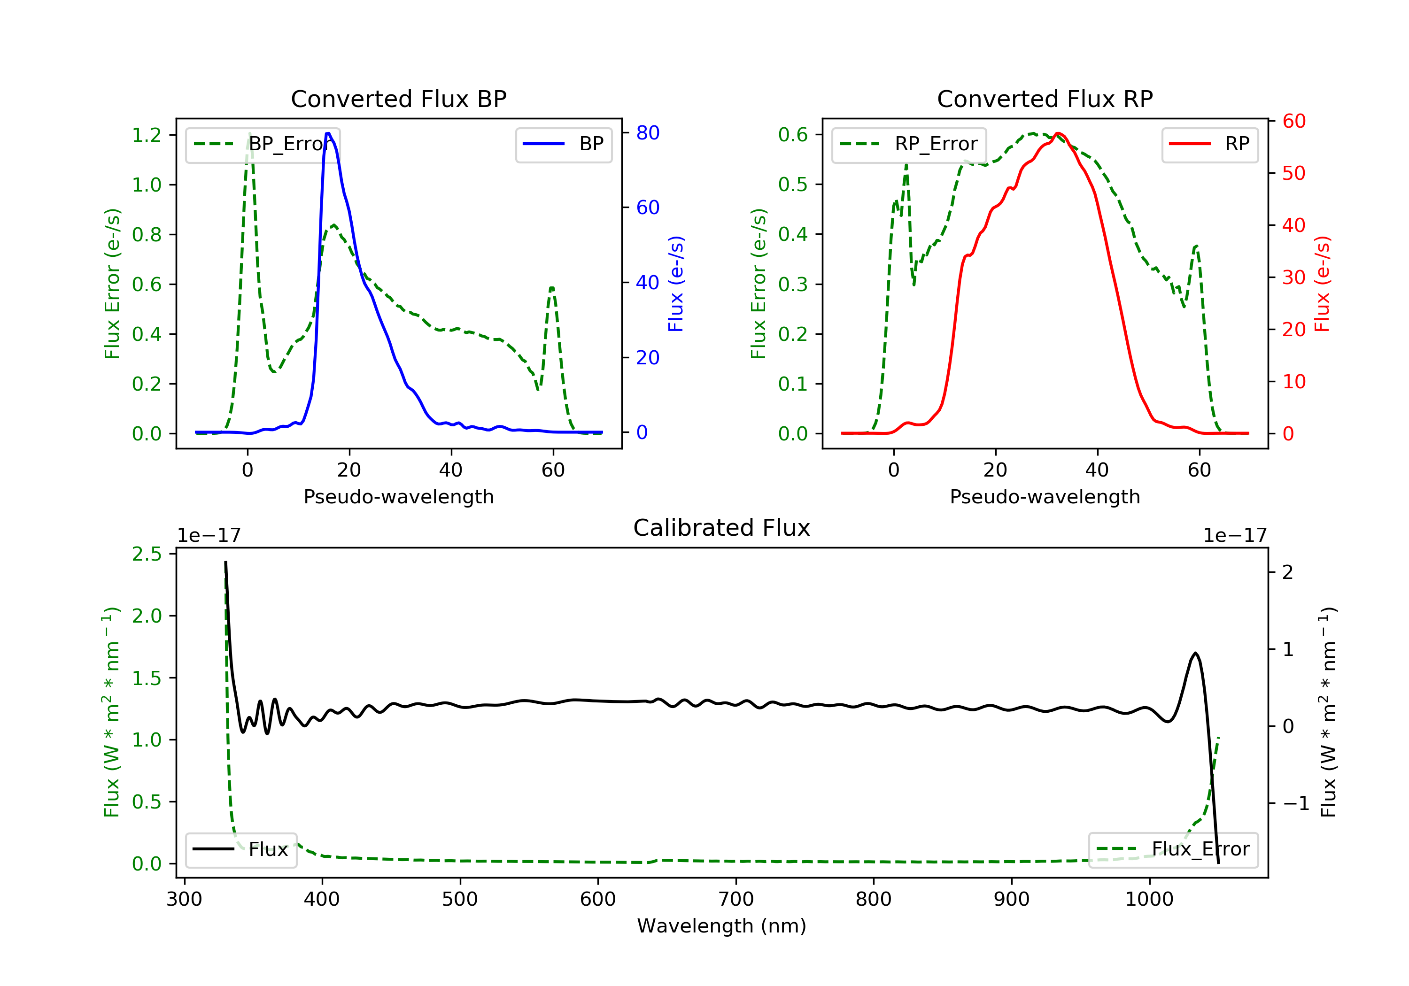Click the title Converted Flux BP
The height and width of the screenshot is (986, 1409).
pos(398,99)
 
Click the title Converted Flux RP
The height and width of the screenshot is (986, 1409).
pos(1045,99)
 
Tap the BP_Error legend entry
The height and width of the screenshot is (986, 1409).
pos(263,144)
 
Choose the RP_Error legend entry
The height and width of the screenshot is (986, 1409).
pos(909,144)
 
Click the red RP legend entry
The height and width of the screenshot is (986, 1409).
pos(1209,144)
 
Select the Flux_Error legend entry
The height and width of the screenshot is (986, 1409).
pos(1173,849)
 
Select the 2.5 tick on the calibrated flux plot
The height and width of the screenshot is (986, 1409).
pos(147,554)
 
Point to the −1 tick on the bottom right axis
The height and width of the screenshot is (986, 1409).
pos(1295,803)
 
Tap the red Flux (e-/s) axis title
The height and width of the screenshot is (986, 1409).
pos(1322,284)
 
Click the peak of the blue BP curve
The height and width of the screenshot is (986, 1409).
pos(328,133)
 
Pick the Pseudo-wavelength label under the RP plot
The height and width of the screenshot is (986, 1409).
pos(1045,496)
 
